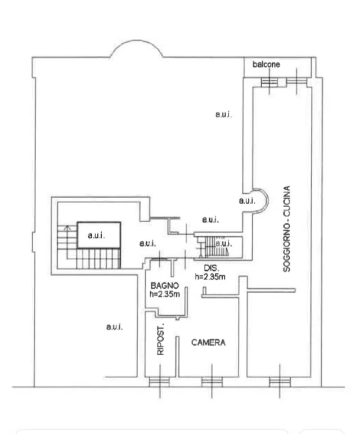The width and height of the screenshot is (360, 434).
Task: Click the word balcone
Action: click(266, 64)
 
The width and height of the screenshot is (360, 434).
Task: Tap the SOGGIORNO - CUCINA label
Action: click(287, 229)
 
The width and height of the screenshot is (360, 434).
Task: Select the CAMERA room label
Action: click(208, 342)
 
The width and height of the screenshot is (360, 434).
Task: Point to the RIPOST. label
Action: click(160, 339)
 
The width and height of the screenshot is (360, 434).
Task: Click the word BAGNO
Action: click(164, 285)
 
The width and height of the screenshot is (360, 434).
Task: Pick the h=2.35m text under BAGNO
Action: click(164, 294)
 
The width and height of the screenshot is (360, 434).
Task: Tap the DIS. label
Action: click(211, 268)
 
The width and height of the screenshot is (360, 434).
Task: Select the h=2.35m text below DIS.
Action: click(210, 276)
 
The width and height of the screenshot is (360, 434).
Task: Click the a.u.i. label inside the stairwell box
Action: click(96, 235)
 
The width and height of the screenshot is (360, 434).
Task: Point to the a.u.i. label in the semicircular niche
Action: click(247, 200)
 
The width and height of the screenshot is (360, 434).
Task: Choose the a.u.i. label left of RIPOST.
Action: click(115, 327)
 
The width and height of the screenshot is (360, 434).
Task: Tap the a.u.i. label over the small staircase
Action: click(224, 244)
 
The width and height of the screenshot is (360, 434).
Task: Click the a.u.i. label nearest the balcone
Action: click(223, 114)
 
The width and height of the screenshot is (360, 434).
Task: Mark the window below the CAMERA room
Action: click(212, 382)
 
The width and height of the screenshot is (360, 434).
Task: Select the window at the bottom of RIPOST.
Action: click(160, 382)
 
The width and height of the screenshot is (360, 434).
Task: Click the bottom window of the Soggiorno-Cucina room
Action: click(280, 382)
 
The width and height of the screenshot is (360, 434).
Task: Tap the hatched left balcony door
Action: click(269, 82)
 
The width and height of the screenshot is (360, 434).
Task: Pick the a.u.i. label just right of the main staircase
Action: click(147, 244)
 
